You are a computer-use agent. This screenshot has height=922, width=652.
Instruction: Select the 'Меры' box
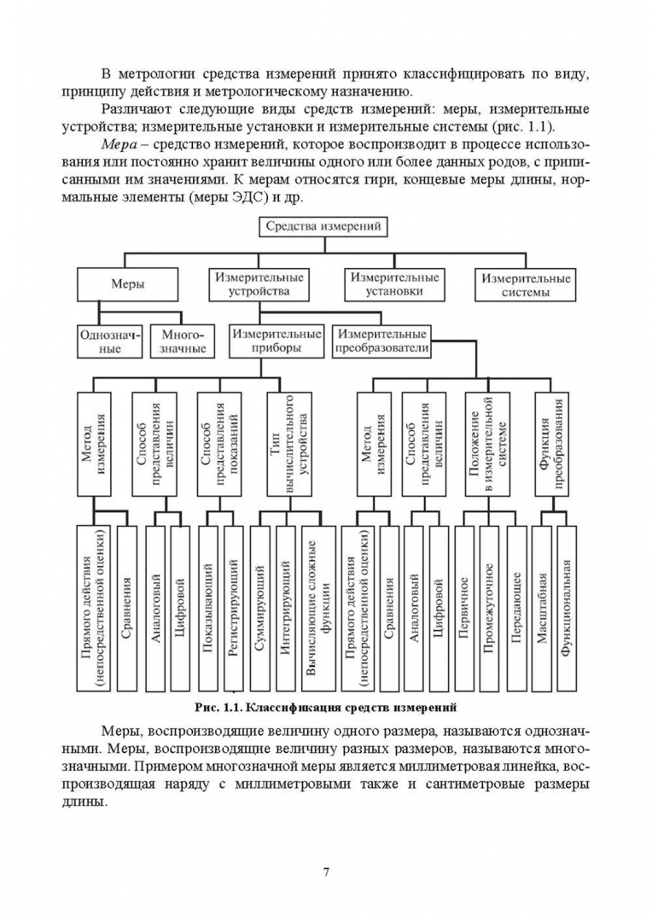(x=127, y=285)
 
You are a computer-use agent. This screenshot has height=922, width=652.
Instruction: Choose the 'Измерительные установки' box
(x=393, y=285)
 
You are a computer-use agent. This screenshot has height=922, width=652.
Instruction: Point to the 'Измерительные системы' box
(x=525, y=285)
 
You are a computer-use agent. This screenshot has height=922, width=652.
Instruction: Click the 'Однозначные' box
(x=108, y=341)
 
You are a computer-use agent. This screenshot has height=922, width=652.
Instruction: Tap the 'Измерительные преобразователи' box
(x=381, y=341)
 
